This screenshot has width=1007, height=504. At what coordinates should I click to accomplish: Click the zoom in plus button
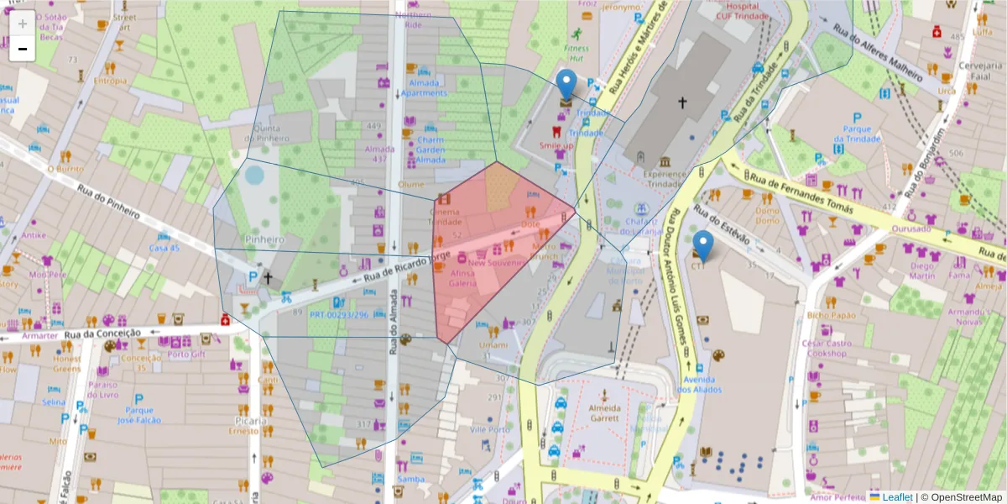[23, 24]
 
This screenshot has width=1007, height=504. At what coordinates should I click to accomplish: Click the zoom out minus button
[23, 49]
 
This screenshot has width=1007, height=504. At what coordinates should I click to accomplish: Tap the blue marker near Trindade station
[566, 87]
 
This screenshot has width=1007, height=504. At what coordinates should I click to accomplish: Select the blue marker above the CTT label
[703, 245]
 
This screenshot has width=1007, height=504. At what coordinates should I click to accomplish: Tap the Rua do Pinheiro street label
[108, 202]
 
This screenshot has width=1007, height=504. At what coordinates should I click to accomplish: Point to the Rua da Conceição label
[102, 333]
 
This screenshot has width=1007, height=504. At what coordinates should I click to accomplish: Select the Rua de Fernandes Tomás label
[801, 193]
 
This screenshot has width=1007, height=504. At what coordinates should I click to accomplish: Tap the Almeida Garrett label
[604, 412]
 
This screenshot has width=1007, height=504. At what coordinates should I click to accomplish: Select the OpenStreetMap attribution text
[966, 497]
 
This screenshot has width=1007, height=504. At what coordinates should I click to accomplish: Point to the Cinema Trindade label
[446, 217]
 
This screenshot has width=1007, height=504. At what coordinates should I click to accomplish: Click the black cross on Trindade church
[682, 102]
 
